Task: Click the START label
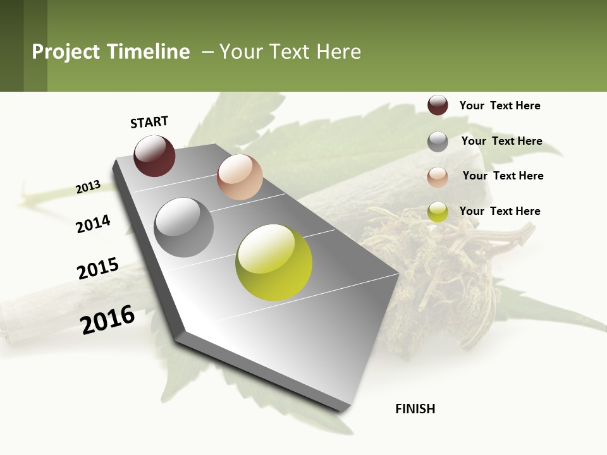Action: (x=149, y=122)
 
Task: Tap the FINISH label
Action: (x=415, y=409)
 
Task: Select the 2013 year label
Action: (x=88, y=186)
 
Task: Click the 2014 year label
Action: (x=93, y=224)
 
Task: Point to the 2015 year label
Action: (x=98, y=268)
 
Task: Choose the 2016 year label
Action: (x=107, y=320)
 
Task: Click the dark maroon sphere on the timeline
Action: (x=154, y=155)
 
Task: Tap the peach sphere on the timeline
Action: (x=240, y=176)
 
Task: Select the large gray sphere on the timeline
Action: (x=184, y=227)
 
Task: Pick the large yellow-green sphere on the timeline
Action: (x=274, y=262)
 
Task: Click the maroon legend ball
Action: (x=438, y=105)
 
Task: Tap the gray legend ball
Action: (x=438, y=142)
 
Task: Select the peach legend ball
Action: (x=438, y=177)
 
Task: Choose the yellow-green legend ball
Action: (x=438, y=212)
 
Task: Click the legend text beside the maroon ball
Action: (x=500, y=106)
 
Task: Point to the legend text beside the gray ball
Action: (x=501, y=141)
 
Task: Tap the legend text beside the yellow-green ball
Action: (x=500, y=211)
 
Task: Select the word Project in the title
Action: (x=66, y=52)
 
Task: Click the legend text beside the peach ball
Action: (x=503, y=176)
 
